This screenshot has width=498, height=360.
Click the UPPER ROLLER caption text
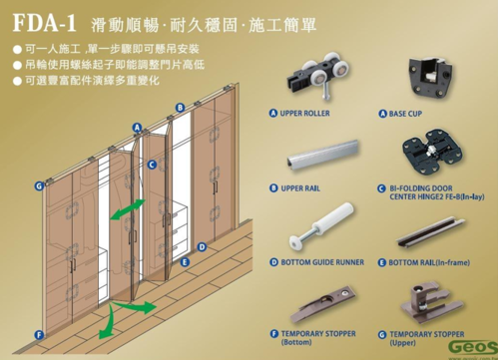coord(304,114)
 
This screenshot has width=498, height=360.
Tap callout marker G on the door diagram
coord(38,185)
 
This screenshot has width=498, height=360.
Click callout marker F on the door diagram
coord(39,335)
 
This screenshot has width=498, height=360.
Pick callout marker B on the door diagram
coord(180,107)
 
